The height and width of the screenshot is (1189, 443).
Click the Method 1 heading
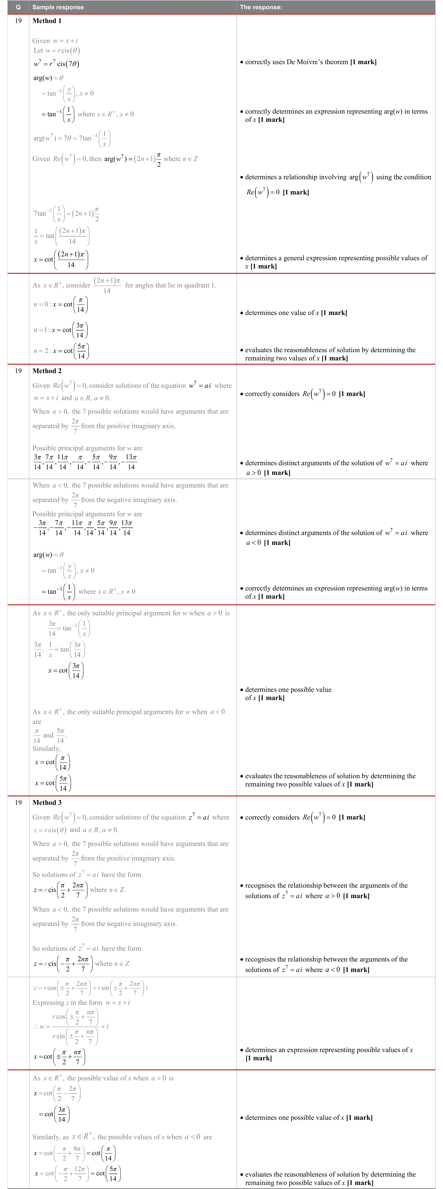(47, 21)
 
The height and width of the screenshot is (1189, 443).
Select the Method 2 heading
(47, 371)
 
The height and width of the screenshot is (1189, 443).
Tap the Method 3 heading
(47, 802)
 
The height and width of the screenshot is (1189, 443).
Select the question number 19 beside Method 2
(18, 371)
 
